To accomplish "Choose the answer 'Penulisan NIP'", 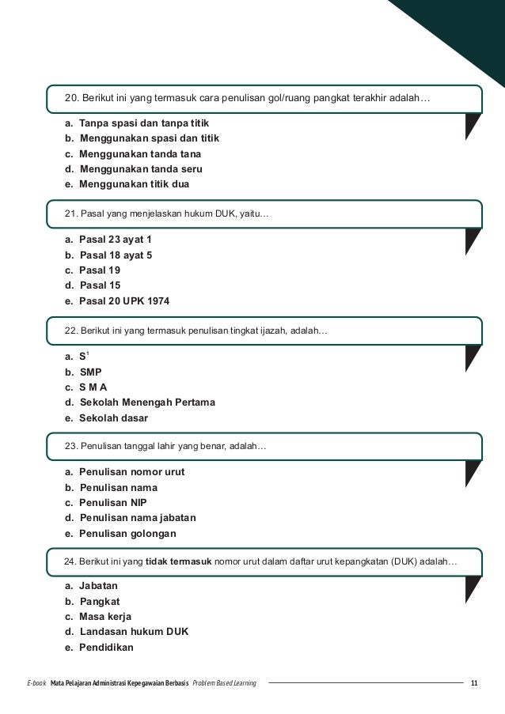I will tap(113, 502).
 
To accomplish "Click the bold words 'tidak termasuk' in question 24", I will tap(179, 562).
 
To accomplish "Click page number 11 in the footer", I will tap(474, 683).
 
